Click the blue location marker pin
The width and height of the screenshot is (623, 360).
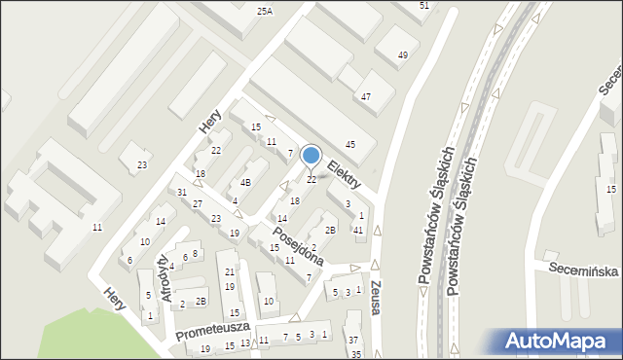pyautogui.click(x=311, y=156)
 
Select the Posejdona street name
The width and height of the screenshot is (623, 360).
pyautogui.click(x=296, y=249)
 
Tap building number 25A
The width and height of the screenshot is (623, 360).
pyautogui.click(x=265, y=11)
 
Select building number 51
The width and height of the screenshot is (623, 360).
pyautogui.click(x=424, y=6)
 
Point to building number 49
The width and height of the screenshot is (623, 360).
pyautogui.click(x=403, y=55)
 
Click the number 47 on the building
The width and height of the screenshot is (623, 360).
pyautogui.click(x=366, y=97)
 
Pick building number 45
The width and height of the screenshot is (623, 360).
pyautogui.click(x=350, y=145)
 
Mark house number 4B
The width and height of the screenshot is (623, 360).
pyautogui.click(x=246, y=182)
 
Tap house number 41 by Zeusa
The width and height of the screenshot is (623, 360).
pyautogui.click(x=358, y=230)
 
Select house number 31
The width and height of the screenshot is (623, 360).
pyautogui.click(x=182, y=192)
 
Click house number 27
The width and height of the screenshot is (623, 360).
pyautogui.click(x=198, y=203)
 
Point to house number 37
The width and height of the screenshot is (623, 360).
pyautogui.click(x=353, y=340)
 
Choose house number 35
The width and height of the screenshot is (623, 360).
pyautogui.click(x=356, y=354)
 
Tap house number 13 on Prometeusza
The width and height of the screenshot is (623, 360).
pyautogui.click(x=245, y=342)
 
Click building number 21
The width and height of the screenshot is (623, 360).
pyautogui.click(x=230, y=271)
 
